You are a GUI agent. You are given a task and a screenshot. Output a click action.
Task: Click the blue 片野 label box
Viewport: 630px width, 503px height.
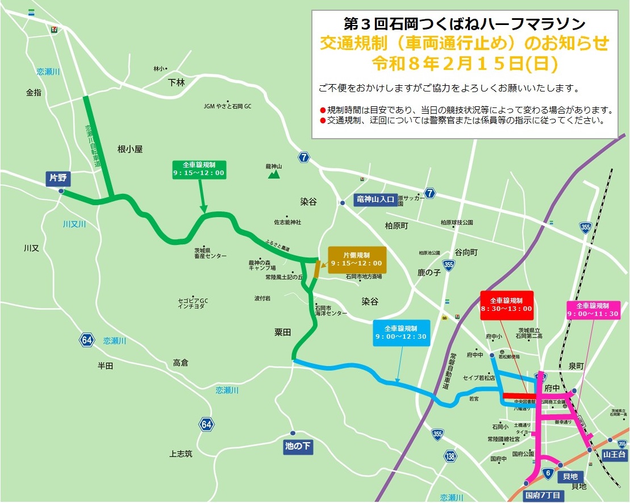click(x=58, y=178)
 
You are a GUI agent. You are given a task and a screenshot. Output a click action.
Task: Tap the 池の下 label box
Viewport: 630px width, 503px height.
click(x=298, y=446)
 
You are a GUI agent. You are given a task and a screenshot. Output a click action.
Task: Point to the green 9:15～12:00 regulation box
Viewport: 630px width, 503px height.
click(x=199, y=169)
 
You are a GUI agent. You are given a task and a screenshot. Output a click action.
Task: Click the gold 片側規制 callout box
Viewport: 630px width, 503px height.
click(x=357, y=260)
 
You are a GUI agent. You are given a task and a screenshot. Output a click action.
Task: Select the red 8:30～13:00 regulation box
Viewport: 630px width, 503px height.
click(x=506, y=305)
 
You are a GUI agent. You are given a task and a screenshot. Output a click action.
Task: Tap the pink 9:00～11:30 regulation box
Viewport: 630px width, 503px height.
click(x=593, y=310)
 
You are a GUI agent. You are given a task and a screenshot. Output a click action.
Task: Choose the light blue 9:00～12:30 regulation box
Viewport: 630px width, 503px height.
click(x=402, y=332)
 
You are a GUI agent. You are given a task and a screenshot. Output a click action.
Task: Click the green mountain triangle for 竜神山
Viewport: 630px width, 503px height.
click(x=274, y=174)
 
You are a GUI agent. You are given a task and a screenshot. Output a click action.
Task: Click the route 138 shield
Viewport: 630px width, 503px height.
click(x=450, y=456)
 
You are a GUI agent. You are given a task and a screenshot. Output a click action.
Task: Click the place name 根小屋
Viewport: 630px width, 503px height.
click(x=130, y=149)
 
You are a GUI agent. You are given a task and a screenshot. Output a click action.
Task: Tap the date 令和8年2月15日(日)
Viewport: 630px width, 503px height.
click(x=464, y=63)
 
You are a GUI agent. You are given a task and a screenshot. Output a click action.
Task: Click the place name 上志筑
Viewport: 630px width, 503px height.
click(x=181, y=454)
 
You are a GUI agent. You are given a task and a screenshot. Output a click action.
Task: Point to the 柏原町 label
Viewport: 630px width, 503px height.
click(x=397, y=226)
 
